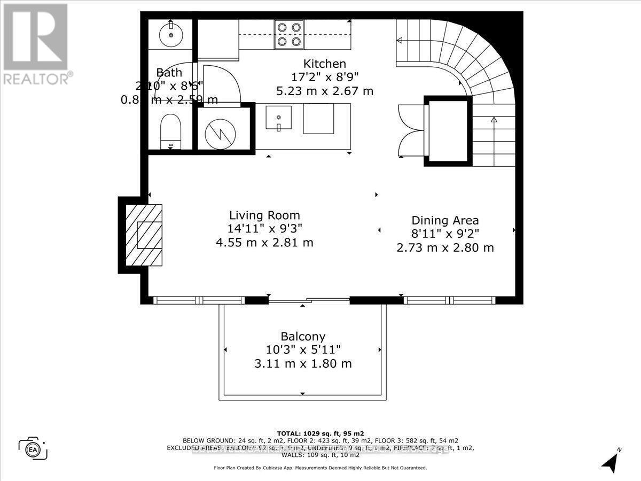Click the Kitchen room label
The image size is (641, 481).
[x=325, y=64]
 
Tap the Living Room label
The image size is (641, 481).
[x=264, y=215]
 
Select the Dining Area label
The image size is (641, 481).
[x=445, y=220]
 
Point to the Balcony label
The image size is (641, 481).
[x=303, y=337]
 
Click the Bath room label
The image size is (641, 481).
[x=169, y=73]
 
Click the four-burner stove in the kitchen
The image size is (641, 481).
[x=288, y=34]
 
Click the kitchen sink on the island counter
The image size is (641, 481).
[x=278, y=118]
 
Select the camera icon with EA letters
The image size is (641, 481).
[x=33, y=448]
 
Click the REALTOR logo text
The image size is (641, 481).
[x=36, y=78]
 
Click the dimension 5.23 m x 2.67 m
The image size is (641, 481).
[x=325, y=91]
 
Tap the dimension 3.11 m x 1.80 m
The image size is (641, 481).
[x=303, y=364]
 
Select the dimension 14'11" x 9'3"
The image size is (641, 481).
[x=264, y=229]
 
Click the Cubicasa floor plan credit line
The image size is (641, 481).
[x=320, y=468]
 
